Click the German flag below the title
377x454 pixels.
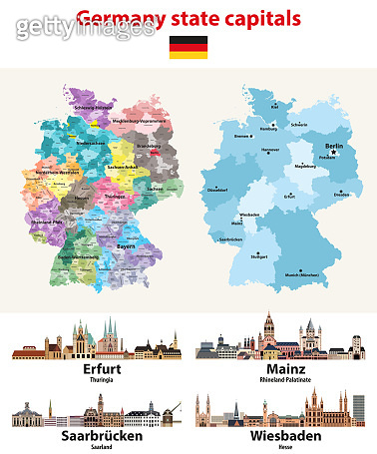click(x=188, y=46)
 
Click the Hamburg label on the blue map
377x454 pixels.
click(x=270, y=129)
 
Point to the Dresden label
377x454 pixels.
click(x=342, y=195)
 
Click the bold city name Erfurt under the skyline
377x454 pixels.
click(x=92, y=368)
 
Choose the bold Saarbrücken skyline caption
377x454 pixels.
click(x=92, y=436)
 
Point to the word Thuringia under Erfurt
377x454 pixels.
click(x=92, y=380)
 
